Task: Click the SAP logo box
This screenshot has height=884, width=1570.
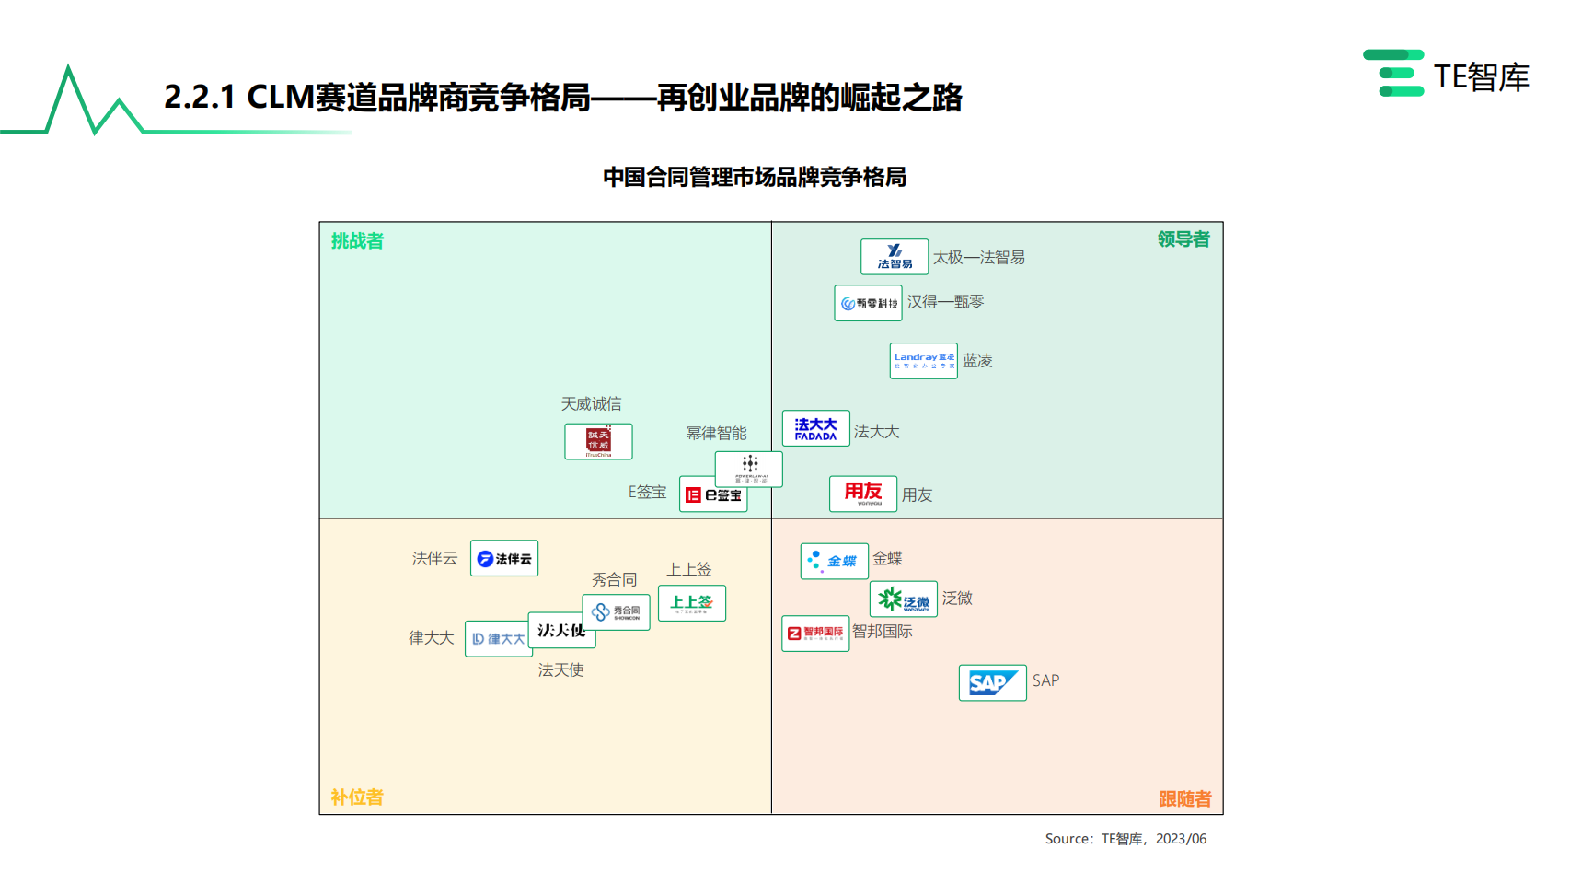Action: (992, 682)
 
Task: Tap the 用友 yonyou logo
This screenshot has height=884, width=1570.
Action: (862, 494)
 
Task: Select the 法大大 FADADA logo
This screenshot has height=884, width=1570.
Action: (815, 429)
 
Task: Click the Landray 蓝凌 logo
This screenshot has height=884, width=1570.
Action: (923, 360)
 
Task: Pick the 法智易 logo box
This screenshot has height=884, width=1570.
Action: (895, 257)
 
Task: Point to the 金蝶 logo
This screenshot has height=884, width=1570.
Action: (834, 561)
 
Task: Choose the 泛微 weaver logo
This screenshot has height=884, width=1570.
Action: (903, 599)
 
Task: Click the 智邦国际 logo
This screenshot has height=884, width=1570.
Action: (814, 634)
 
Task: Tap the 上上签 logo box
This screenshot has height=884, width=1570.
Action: (691, 603)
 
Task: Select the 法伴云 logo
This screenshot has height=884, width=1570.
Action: (503, 558)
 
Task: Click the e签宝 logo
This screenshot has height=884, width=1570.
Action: (712, 495)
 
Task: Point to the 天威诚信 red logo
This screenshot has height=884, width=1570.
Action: (598, 441)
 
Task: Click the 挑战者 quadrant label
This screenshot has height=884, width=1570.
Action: (357, 241)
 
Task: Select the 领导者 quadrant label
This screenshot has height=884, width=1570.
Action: (1183, 239)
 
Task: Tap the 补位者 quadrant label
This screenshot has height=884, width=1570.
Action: (357, 797)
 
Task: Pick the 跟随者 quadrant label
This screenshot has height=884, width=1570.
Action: (1184, 799)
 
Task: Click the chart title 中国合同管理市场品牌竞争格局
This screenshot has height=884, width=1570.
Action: (755, 177)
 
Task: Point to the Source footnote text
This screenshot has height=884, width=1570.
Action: (1126, 839)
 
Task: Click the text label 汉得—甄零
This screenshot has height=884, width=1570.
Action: (945, 302)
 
